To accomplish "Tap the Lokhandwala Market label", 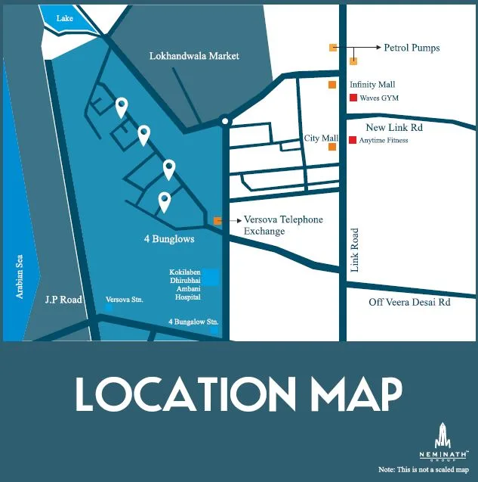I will coord(194,56).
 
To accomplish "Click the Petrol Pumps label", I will coord(412,48).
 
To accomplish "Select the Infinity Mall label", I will coord(372,85).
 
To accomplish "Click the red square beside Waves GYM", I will coord(353,98).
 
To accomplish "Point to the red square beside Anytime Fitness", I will coord(353,140).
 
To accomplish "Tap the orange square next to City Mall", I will coord(332,147).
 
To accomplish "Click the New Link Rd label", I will coord(394,127).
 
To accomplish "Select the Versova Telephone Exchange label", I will coord(282,225).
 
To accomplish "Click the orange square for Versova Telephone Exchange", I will coord(217,221).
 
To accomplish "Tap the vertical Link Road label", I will coord(356,250).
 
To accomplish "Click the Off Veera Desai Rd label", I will coord(409,301).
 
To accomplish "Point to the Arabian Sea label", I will coord(21,275).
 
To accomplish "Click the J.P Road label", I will coord(63,300).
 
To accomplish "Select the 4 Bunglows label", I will coord(169,239).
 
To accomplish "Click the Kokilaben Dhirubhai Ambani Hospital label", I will coord(185,284).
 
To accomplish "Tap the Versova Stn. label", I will coord(125,300).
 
